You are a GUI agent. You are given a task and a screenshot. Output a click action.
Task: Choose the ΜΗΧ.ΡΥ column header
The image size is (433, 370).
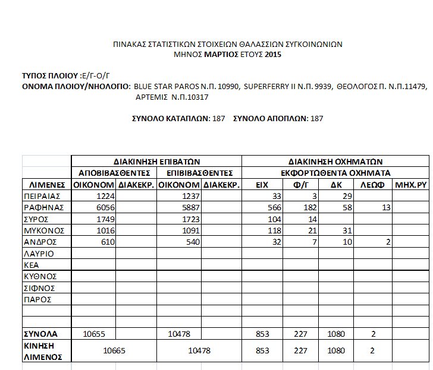pos(411,185)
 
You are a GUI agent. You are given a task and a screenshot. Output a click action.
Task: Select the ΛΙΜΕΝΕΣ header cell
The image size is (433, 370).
pos(46,185)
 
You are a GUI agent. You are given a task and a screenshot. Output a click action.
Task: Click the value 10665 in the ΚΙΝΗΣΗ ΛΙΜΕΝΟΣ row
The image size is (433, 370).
pos(114,350)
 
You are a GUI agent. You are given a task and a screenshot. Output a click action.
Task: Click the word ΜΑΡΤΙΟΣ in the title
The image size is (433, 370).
pos(224,55)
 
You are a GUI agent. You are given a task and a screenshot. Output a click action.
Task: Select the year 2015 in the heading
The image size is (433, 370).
pos(273,55)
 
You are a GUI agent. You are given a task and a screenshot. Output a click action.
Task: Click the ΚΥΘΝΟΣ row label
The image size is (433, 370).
pos(39,276)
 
